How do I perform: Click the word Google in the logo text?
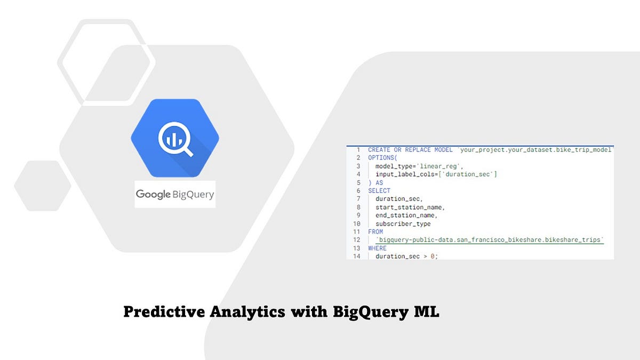(x=153, y=194)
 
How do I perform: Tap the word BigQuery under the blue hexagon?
(x=193, y=195)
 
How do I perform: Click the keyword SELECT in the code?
(x=379, y=190)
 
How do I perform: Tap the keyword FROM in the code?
(x=375, y=232)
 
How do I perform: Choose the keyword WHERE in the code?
(x=378, y=248)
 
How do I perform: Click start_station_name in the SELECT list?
(x=410, y=207)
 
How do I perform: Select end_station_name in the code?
(x=406, y=215)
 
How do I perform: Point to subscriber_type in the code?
(x=403, y=224)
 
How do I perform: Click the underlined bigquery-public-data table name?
(x=490, y=240)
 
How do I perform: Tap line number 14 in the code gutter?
(x=357, y=257)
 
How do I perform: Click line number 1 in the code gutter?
(x=358, y=150)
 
